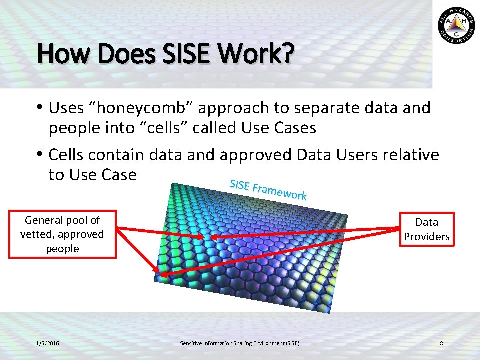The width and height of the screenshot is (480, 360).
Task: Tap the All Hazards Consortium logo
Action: (456, 25)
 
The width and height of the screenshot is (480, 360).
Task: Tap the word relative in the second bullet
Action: (410, 155)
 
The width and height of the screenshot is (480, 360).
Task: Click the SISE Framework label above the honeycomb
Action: (268, 190)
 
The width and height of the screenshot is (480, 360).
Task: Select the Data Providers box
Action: (427, 229)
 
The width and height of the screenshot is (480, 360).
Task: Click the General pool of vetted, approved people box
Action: (62, 234)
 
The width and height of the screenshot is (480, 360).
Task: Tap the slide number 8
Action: (441, 343)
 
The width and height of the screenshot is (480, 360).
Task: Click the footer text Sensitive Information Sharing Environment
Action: (239, 343)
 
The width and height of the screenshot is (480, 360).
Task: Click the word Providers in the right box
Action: (427, 237)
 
